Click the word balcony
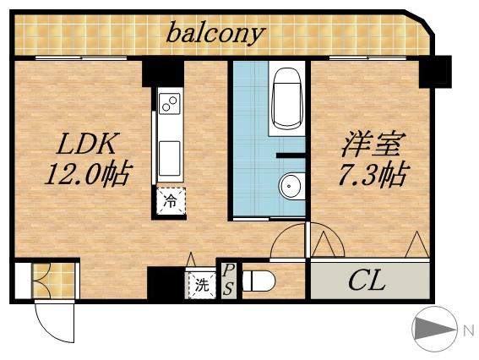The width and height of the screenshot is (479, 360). pyautogui.click(x=215, y=35)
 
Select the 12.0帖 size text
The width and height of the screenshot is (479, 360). pyautogui.click(x=87, y=175)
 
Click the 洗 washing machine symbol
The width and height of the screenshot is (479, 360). pyautogui.click(x=201, y=284)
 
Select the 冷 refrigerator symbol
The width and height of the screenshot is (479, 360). pyautogui.click(x=170, y=201)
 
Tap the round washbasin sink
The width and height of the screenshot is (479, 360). pyautogui.click(x=291, y=185)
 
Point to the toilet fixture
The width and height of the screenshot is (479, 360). pyautogui.click(x=258, y=281)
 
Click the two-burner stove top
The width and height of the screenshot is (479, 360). pyautogui.click(x=170, y=106)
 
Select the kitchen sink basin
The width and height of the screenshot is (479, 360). pyautogui.click(x=169, y=157)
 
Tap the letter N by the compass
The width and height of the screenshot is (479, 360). pyautogui.click(x=467, y=331)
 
